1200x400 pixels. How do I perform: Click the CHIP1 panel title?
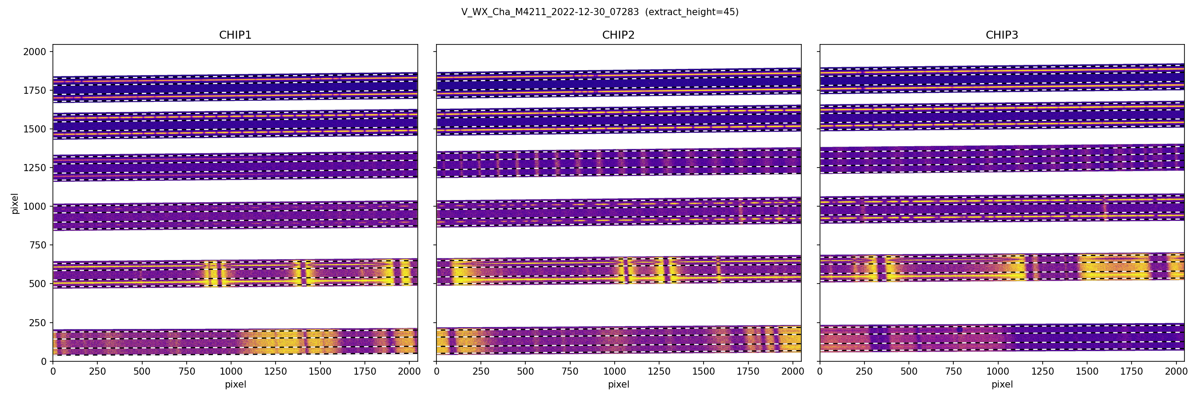click(235, 35)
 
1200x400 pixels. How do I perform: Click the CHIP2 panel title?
click(618, 35)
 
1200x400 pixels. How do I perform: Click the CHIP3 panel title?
click(1001, 35)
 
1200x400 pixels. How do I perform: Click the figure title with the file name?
click(600, 12)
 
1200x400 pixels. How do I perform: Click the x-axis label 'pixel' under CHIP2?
click(618, 384)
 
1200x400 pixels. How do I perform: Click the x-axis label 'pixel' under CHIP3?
click(1001, 384)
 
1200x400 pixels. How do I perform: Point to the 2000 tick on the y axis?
click(35, 52)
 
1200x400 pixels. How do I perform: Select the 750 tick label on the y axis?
click(37, 245)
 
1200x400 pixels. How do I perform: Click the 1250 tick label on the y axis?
click(35, 168)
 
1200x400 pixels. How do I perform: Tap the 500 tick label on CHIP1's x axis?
click(142, 372)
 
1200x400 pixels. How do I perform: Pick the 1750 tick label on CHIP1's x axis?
click(364, 372)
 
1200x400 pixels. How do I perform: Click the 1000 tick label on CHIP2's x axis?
click(614, 372)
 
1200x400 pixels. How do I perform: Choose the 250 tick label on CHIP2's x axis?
click(481, 372)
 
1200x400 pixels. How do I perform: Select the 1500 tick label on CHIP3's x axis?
click(1087, 372)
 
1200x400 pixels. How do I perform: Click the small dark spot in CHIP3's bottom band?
click(960, 330)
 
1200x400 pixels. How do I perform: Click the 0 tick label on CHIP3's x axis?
click(820, 372)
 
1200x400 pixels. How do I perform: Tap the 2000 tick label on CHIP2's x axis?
click(792, 372)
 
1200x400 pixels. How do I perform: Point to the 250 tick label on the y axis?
click(37, 323)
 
